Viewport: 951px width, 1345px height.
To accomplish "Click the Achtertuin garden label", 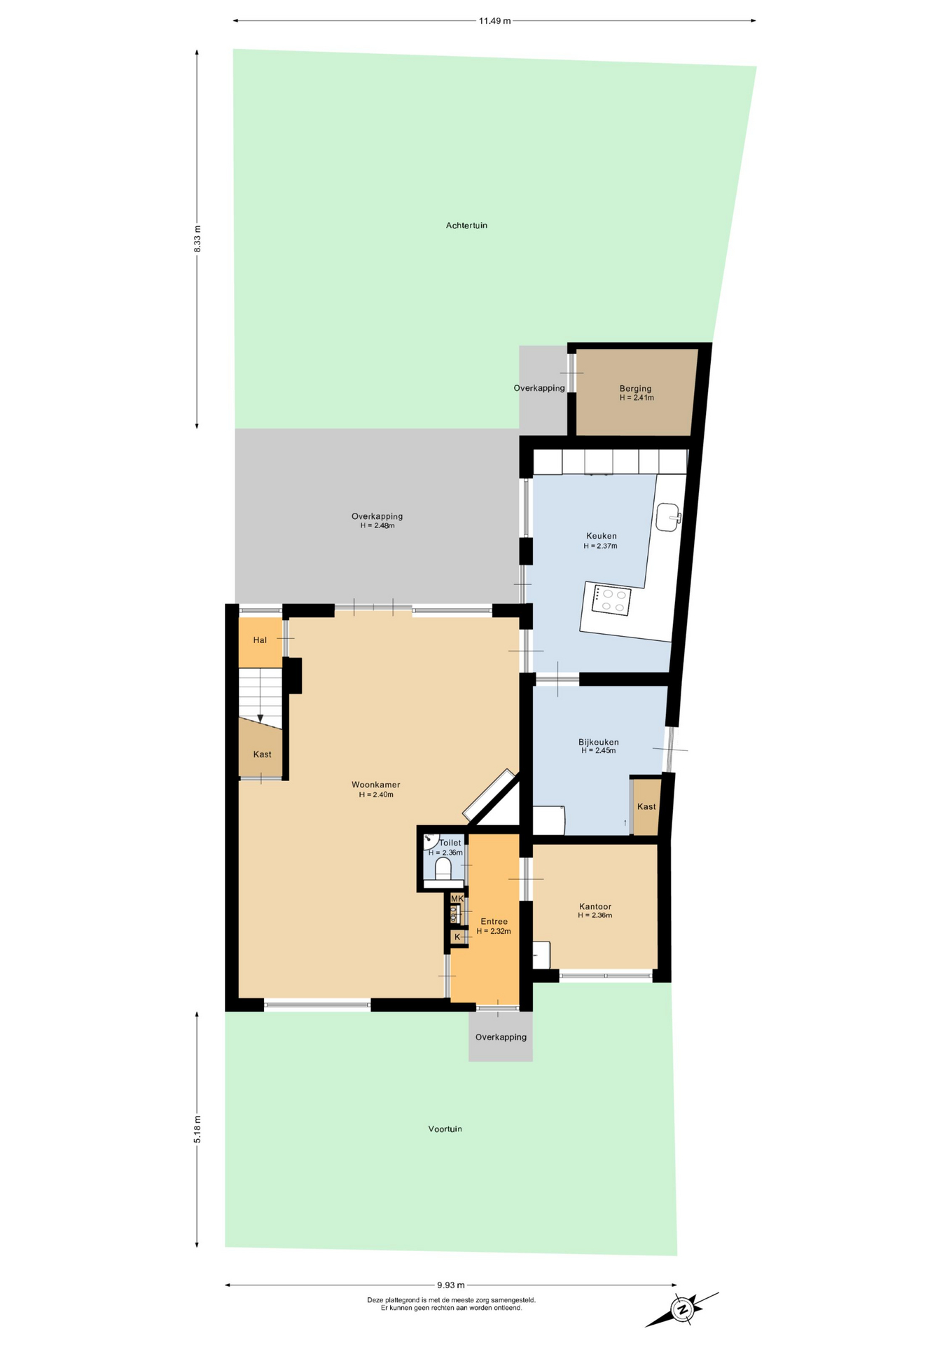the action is (x=466, y=226).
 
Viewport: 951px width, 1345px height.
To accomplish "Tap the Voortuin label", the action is (x=445, y=1129).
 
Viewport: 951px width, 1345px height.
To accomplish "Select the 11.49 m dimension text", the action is (x=494, y=21).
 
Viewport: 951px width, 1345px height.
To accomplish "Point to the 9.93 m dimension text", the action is (x=451, y=1285).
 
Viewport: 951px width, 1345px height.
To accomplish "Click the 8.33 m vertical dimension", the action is (x=197, y=238).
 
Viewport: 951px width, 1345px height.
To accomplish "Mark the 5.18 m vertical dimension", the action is (x=197, y=1129).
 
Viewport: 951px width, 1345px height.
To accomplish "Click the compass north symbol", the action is (x=682, y=1309).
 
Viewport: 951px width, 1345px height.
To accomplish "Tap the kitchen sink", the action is (x=668, y=517).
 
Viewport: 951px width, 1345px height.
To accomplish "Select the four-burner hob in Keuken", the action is (x=611, y=600).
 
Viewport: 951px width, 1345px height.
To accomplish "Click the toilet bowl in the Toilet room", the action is (x=443, y=869).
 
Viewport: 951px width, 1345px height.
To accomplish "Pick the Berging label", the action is (x=635, y=388).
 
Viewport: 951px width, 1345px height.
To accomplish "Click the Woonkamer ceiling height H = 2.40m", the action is (x=376, y=794).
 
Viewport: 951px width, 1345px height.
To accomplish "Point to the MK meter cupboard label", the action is (x=457, y=899).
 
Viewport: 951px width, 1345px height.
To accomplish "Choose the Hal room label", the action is (x=260, y=640).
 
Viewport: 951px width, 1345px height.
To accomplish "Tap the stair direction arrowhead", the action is (x=260, y=719).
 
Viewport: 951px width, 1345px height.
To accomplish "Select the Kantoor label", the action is (x=595, y=906).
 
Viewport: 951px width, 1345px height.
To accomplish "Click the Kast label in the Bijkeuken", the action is (x=646, y=806).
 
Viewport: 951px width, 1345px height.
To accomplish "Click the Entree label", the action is (x=494, y=921).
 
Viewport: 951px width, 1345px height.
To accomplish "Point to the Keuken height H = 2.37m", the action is (x=600, y=546).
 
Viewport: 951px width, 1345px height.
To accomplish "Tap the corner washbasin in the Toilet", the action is (x=429, y=840).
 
